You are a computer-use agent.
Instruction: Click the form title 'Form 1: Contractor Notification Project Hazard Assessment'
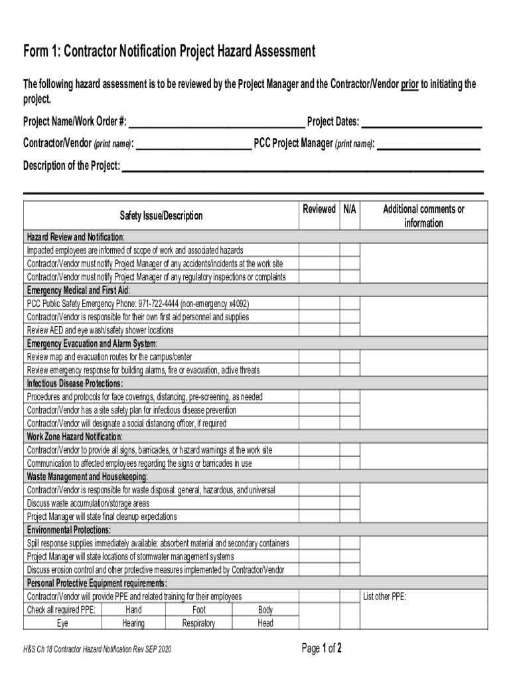169,51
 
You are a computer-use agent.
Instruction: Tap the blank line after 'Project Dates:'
421,123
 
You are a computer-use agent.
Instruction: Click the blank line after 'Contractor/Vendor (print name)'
193,144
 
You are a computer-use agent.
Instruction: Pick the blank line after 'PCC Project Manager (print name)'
428,144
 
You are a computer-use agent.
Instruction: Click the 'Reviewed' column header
319,210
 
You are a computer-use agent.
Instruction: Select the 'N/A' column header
350,210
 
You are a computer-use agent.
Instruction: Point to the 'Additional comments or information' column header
423,216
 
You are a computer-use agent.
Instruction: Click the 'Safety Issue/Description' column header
161,216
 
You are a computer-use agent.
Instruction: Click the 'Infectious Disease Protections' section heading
74,384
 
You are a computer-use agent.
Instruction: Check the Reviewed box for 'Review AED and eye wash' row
319,330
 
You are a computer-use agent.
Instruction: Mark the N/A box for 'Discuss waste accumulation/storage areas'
350,503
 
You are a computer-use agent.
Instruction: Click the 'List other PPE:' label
384,597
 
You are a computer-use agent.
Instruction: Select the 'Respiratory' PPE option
198,623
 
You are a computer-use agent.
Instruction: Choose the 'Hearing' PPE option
133,623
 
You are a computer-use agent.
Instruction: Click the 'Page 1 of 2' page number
322,648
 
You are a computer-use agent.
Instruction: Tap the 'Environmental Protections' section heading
68,530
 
